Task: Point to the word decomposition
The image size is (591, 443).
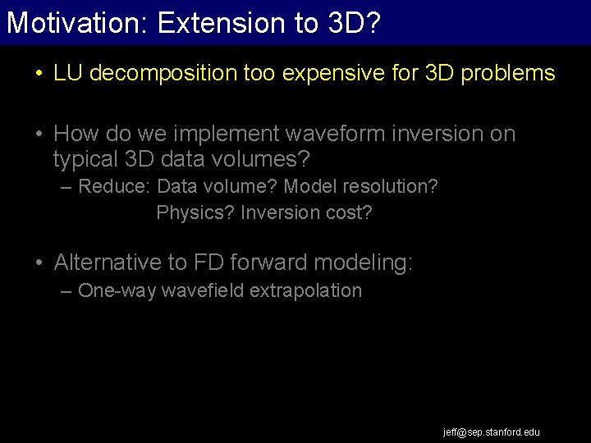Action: coord(164,73)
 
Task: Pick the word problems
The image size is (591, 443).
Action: coord(508,73)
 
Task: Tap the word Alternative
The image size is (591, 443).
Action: coord(108,263)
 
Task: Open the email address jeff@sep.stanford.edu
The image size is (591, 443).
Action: coord(492,432)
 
